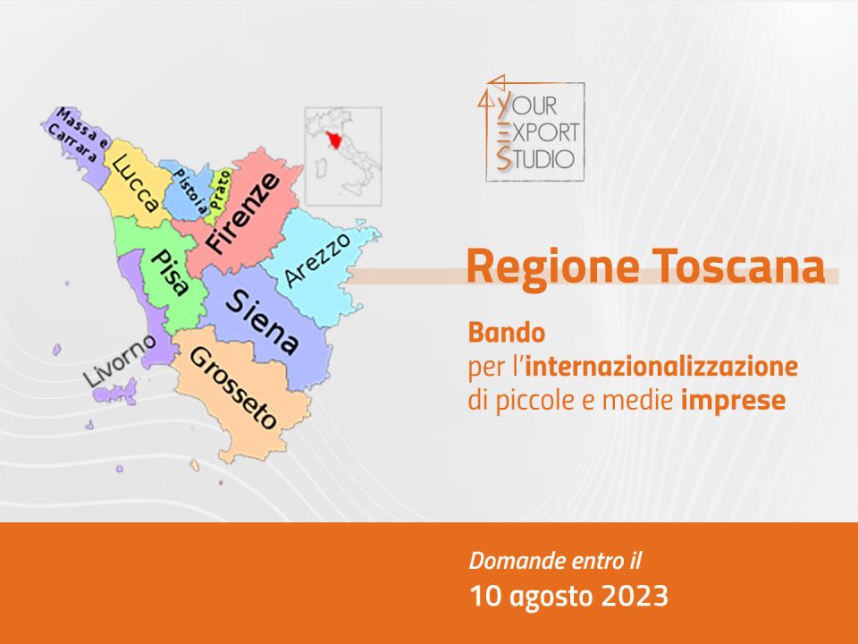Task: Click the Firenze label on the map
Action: tap(243, 214)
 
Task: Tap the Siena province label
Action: tap(263, 322)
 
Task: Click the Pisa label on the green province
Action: tap(169, 272)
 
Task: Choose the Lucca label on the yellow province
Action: tap(135, 182)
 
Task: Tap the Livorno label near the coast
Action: tap(119, 361)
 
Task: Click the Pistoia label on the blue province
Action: tap(190, 191)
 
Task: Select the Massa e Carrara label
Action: tap(78, 135)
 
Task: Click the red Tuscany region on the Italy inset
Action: tap(332, 140)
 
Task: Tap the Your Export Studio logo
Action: tap(531, 128)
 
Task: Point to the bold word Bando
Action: tap(507, 333)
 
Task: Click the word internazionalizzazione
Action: tap(661, 366)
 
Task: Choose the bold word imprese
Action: tap(733, 400)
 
